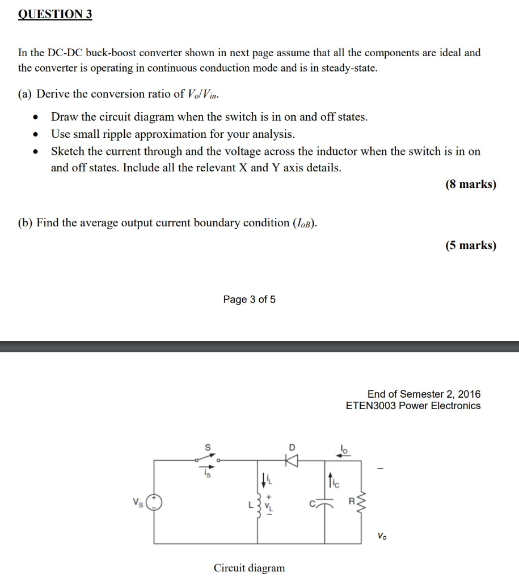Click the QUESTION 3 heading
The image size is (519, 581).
pos(55,14)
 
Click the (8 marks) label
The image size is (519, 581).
pos(471,184)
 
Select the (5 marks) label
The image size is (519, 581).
pos(471,245)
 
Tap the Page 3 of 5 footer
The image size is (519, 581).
pos(250,300)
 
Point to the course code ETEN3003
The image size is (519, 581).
pos(371,406)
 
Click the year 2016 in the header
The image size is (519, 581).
pos(469,394)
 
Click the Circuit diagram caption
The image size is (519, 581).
pos(249,567)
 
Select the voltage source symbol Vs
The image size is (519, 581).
pos(154,502)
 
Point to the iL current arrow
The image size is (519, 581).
pos(262,479)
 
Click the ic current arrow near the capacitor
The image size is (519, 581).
pos(328,482)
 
